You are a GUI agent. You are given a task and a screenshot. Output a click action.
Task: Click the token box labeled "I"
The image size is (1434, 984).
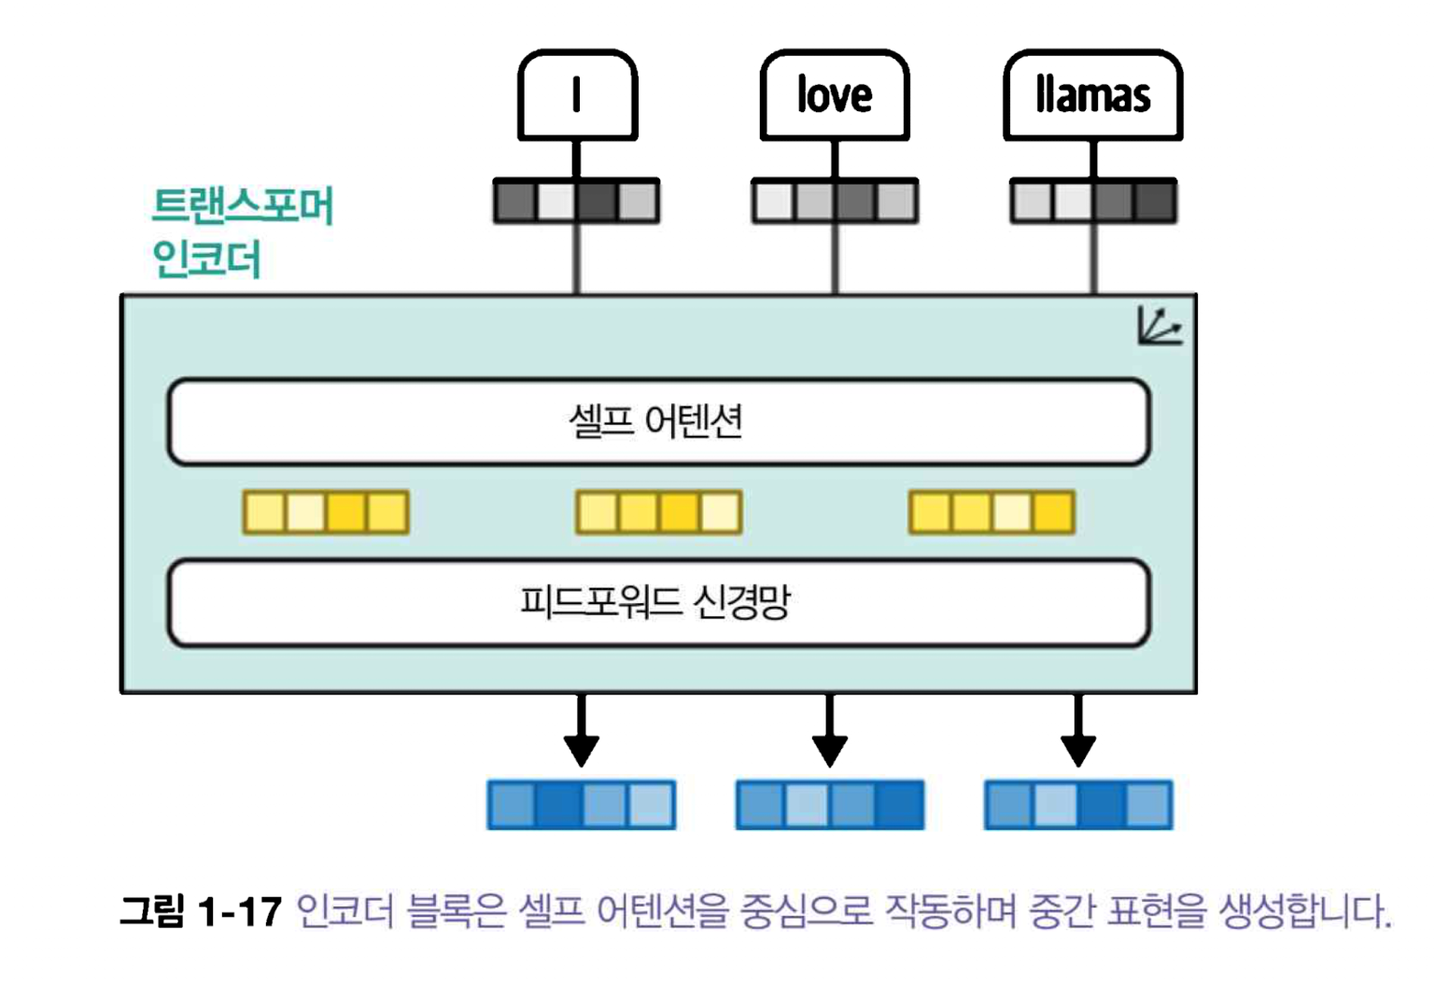(x=577, y=95)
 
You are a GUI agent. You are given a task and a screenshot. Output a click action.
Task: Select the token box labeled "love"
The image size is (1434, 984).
(x=835, y=95)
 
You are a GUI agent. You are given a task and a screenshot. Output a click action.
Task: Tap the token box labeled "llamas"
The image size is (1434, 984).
(x=1092, y=95)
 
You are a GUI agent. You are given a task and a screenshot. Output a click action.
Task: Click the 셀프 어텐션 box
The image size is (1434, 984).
(x=658, y=422)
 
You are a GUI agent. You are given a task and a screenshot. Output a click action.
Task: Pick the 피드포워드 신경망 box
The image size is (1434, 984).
(x=658, y=602)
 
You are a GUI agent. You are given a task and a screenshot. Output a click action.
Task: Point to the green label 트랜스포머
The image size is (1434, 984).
(x=243, y=205)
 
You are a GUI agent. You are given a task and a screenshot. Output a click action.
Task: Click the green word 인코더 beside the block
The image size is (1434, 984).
(x=206, y=259)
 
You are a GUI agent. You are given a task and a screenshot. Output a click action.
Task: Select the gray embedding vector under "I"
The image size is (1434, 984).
(x=576, y=201)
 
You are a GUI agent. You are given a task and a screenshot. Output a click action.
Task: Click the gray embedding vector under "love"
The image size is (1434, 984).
(x=835, y=201)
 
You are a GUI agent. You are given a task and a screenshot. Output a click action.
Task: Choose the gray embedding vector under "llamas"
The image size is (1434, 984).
(x=1093, y=201)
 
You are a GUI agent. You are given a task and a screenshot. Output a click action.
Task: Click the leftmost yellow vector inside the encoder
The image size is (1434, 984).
(x=326, y=512)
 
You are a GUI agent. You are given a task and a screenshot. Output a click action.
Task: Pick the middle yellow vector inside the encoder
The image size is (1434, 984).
(x=659, y=512)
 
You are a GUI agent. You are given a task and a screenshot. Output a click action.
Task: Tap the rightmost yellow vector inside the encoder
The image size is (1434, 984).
(x=991, y=512)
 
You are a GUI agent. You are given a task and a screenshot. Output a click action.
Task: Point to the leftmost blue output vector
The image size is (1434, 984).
(x=581, y=805)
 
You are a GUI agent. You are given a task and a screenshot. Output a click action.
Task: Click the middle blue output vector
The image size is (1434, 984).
(x=830, y=805)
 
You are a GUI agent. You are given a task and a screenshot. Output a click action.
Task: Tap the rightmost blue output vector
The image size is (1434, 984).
(x=1078, y=805)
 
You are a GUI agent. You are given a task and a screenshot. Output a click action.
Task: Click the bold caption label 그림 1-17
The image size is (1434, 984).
(x=201, y=910)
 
